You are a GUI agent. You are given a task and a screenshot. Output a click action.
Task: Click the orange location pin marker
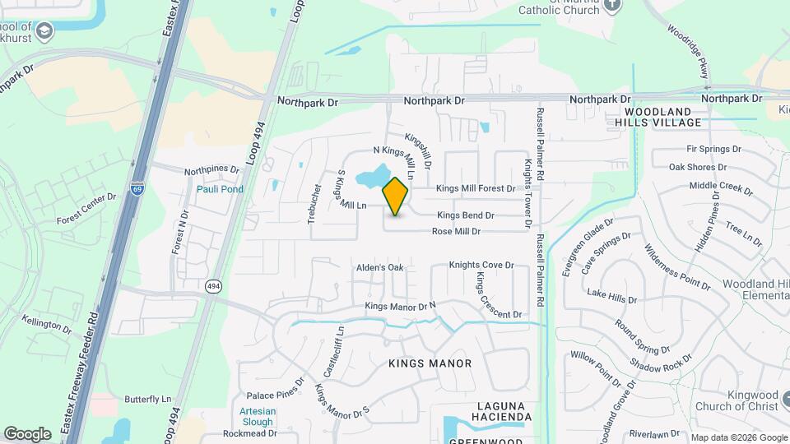pos(396,196)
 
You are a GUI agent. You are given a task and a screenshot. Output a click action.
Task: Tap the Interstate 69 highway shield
pos(137,188)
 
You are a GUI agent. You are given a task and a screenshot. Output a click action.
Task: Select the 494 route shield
pos(213,286)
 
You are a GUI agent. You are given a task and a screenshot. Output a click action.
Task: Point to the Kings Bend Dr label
pos(465,215)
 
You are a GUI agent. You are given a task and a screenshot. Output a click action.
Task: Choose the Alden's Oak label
pos(379,268)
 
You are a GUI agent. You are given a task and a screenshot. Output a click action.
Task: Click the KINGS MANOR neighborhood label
pos(430,363)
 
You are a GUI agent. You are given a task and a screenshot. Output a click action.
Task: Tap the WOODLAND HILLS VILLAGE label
pos(663,117)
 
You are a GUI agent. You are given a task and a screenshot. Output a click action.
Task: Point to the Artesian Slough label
pos(257,416)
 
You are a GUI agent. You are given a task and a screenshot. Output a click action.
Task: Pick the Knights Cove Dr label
pos(481,266)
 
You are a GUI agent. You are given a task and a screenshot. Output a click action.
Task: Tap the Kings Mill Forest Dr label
pos(475,188)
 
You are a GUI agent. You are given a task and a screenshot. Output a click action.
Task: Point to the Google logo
pos(28,433)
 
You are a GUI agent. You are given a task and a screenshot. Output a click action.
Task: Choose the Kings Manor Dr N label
pos(400,307)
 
